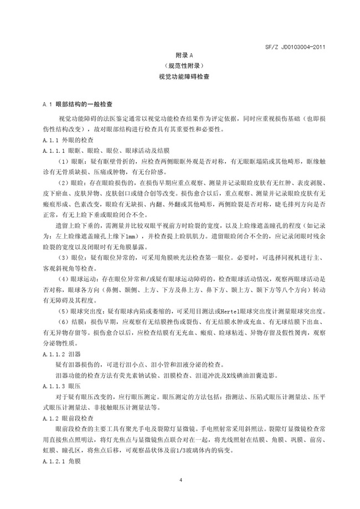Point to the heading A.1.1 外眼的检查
click(69, 141)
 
